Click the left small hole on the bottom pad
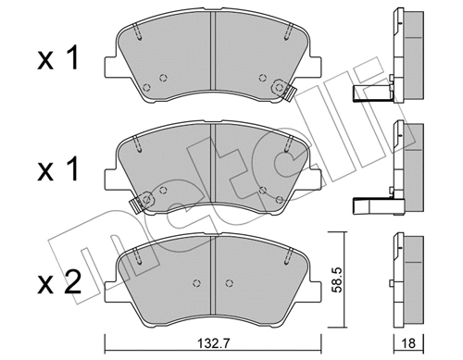195,282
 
